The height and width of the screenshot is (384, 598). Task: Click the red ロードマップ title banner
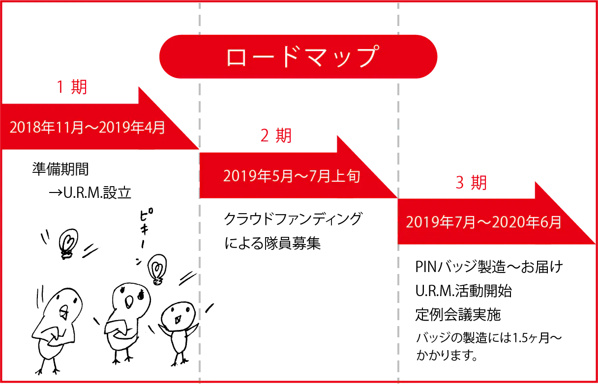(x=298, y=56)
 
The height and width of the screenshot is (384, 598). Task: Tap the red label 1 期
(x=71, y=87)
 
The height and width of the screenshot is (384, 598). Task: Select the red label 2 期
(x=275, y=135)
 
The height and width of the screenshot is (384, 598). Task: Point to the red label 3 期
(x=471, y=183)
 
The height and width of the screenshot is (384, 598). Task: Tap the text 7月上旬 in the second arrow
(x=338, y=176)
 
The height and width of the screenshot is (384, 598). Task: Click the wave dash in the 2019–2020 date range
(x=484, y=222)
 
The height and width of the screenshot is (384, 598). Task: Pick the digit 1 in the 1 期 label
(x=60, y=87)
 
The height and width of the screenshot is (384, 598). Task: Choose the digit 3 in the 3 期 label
(x=460, y=183)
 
